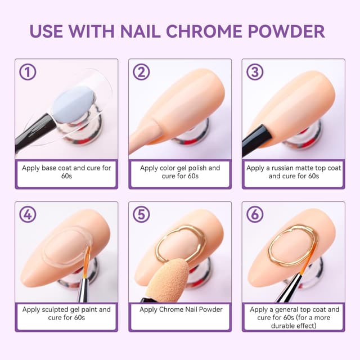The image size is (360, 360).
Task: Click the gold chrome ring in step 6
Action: [292, 246]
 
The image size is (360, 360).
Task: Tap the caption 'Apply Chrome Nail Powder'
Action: [180, 309]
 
